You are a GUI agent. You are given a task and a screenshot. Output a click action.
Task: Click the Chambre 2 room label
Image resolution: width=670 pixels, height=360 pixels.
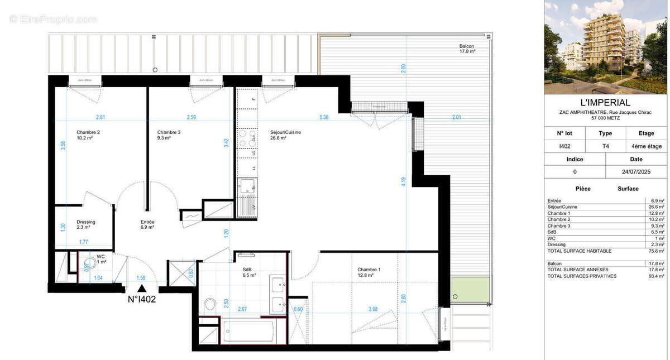(x=88, y=132)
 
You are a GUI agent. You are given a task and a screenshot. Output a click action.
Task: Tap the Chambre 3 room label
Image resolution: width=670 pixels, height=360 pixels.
(x=169, y=132)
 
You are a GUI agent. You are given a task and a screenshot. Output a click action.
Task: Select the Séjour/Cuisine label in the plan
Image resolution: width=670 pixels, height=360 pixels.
(x=286, y=132)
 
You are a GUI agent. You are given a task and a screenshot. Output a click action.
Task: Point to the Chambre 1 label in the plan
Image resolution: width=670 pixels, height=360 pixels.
(x=369, y=270)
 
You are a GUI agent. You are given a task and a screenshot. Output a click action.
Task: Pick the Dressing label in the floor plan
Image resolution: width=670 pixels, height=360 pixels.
(x=86, y=222)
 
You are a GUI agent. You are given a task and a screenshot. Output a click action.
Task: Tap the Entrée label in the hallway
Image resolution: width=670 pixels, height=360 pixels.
(x=147, y=222)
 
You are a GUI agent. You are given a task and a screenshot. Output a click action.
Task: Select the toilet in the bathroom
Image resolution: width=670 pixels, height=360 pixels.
(x=210, y=305)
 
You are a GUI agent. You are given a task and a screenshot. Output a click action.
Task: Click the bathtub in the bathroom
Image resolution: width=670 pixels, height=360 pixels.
(x=249, y=332)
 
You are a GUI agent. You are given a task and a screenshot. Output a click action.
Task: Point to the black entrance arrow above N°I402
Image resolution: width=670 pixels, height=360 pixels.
(x=142, y=288)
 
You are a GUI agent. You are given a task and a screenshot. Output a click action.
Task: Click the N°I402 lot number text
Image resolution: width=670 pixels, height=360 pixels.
(x=142, y=299)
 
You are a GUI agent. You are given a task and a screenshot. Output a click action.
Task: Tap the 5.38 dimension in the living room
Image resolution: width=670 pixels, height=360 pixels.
(x=324, y=117)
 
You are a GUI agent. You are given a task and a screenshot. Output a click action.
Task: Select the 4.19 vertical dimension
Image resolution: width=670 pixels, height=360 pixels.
(x=403, y=181)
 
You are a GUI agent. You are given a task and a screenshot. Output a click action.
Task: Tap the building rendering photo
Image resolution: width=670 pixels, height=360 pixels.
(x=605, y=47)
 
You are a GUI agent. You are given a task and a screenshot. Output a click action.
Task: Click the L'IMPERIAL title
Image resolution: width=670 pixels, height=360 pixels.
(x=605, y=103)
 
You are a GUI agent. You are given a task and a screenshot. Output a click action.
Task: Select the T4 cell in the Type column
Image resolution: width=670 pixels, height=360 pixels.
(x=605, y=146)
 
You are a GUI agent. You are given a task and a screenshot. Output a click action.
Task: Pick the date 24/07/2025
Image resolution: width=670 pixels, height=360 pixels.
(x=636, y=172)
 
